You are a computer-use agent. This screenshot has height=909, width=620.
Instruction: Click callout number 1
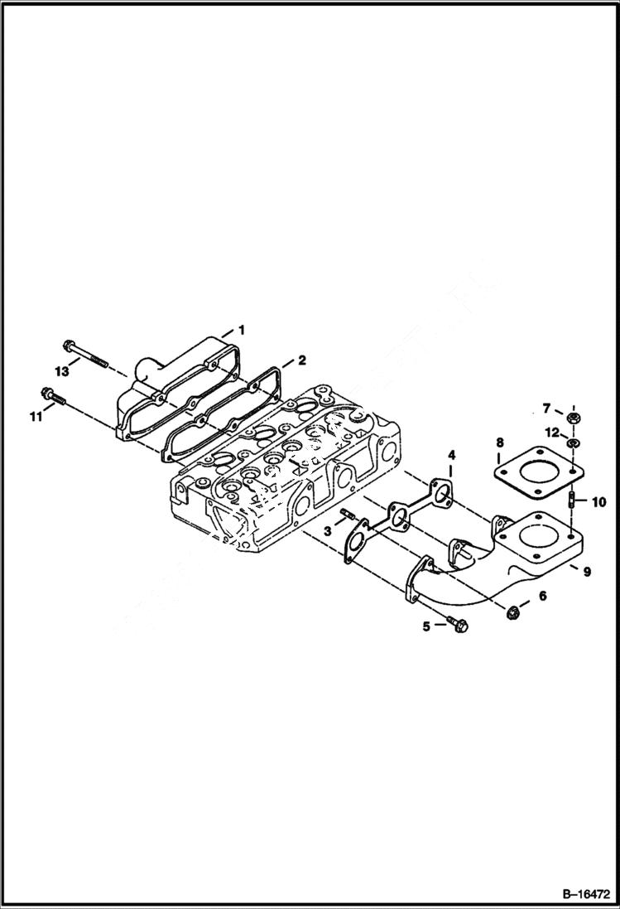click(x=241, y=330)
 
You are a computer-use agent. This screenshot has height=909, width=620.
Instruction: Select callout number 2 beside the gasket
click(x=301, y=360)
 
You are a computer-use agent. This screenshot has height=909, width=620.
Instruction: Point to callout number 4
click(x=452, y=456)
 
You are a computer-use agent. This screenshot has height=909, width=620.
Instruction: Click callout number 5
click(x=427, y=626)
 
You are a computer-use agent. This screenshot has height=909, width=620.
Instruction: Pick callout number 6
click(x=543, y=596)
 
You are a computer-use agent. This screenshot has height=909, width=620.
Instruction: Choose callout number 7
click(x=546, y=407)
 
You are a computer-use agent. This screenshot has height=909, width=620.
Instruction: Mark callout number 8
click(x=499, y=444)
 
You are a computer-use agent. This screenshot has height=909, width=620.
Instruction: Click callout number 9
click(x=586, y=571)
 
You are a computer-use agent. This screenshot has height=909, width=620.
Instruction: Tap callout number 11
click(x=36, y=417)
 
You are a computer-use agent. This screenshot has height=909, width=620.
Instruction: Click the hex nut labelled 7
click(x=572, y=416)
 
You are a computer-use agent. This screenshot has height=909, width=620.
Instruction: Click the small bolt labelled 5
click(x=454, y=622)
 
